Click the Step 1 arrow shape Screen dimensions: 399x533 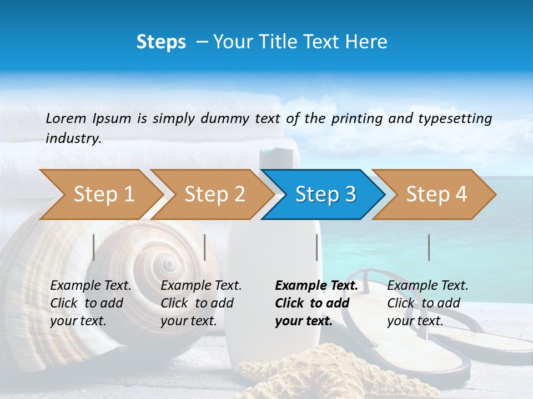tap(100, 195)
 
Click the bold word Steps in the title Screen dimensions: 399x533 tap(161, 42)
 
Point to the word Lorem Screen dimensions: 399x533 tap(66, 118)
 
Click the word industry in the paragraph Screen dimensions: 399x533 tap(73, 138)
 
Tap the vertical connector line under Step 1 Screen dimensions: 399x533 tap(94, 247)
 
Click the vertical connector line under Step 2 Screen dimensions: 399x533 tap(205, 247)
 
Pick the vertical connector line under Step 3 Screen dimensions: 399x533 tap(317, 247)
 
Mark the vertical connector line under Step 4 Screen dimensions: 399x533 tap(429, 247)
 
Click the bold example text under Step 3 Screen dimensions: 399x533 tap(315, 303)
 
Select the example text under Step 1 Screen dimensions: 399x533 tap(90, 303)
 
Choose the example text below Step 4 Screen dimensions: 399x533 tap(427, 303)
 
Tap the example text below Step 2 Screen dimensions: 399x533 tap(200, 303)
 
